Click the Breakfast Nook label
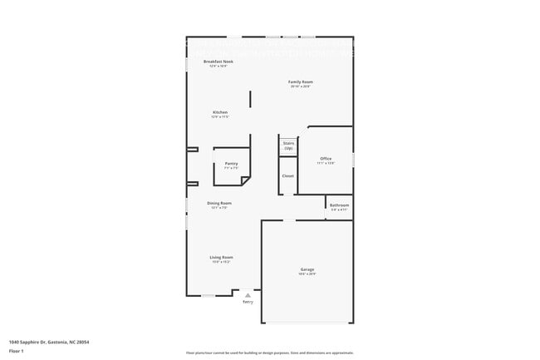click(218, 62)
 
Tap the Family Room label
click(300, 81)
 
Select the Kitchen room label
click(219, 112)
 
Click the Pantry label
click(231, 163)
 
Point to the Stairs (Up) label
click(288, 145)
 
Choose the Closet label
click(287, 175)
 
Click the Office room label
click(326, 158)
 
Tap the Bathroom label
click(339, 205)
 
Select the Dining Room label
click(219, 203)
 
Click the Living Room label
click(221, 257)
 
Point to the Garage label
click(307, 269)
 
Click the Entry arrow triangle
click(248, 295)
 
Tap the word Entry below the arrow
click(248, 302)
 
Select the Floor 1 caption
click(17, 351)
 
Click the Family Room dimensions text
click(300, 86)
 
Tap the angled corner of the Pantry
click(246, 180)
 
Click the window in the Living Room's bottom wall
click(209, 295)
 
